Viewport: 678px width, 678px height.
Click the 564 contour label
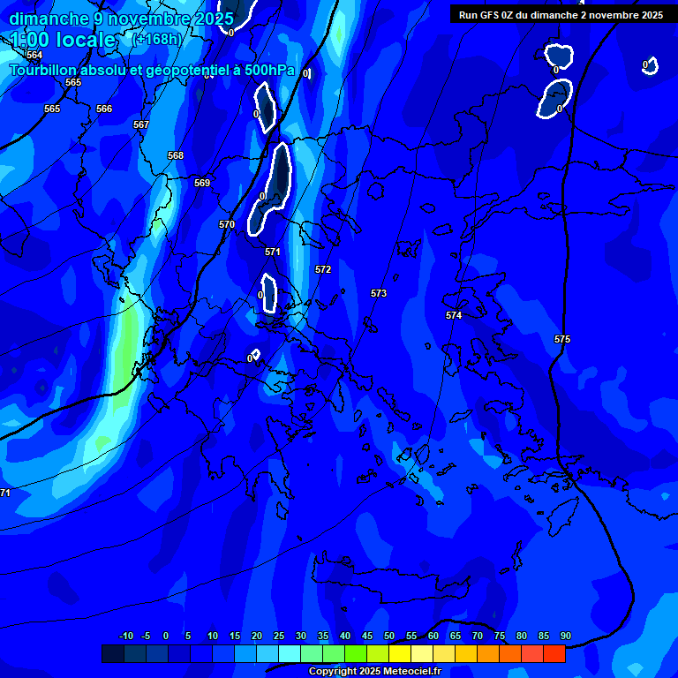coord(34,55)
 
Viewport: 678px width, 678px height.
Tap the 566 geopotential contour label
coord(104,109)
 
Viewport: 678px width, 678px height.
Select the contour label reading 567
coord(141,124)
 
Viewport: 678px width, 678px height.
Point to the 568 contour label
coord(176,155)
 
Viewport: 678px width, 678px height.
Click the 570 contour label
coord(227,224)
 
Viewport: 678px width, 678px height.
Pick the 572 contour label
coord(323,269)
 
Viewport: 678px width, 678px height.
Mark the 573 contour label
coord(379,293)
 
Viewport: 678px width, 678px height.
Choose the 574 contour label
coord(454,315)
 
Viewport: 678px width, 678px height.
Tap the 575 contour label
coord(562,339)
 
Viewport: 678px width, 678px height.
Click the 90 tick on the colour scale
coord(565,636)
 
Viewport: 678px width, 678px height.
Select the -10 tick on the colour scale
coord(126,636)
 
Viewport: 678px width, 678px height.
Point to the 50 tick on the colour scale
coord(389,636)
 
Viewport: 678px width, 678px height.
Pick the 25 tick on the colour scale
coord(279,636)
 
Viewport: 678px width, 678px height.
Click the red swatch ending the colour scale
coord(554,653)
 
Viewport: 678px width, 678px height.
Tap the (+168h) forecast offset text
coord(156,39)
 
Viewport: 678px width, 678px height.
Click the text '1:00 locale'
coord(63,40)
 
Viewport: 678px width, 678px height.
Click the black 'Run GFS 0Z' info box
coord(561,14)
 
